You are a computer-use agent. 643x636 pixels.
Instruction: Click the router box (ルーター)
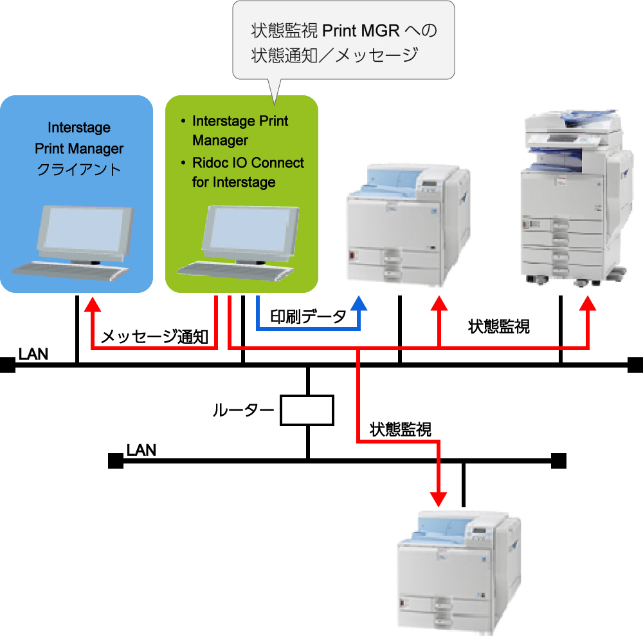pyautogui.click(x=307, y=410)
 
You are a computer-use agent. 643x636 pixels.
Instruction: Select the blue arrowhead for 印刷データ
pyautogui.click(x=359, y=303)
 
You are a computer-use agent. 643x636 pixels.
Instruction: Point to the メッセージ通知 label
pyautogui.click(x=155, y=336)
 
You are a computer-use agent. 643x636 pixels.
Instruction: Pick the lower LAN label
pyautogui.click(x=141, y=449)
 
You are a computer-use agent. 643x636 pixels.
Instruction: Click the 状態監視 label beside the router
pyautogui.click(x=400, y=429)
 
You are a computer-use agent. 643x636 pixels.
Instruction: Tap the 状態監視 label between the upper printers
pyautogui.click(x=499, y=326)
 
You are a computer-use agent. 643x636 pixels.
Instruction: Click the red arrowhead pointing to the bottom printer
pyautogui.click(x=439, y=498)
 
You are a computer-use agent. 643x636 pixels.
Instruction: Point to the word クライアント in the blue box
pyautogui.click(x=79, y=170)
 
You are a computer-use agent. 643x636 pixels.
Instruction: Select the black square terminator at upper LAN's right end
pyautogui.click(x=635, y=365)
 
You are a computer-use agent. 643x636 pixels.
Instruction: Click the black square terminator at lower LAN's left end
pyautogui.click(x=115, y=461)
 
